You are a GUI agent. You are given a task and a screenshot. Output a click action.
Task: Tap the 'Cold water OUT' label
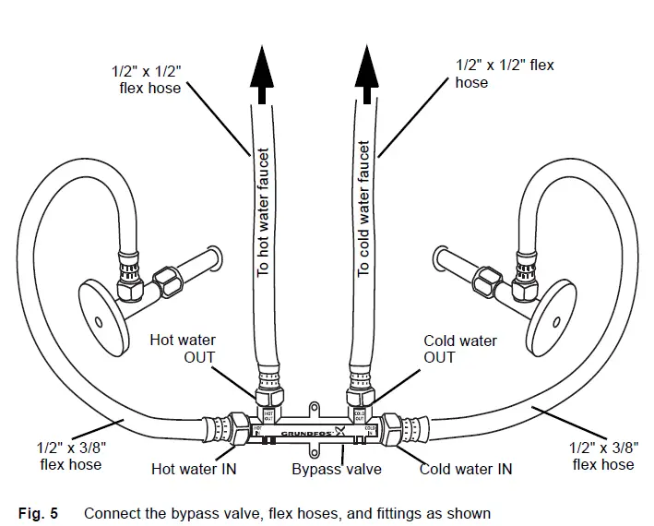(460, 349)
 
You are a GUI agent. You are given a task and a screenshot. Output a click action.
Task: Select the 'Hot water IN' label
(194, 469)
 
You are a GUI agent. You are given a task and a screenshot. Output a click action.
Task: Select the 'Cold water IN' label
(466, 469)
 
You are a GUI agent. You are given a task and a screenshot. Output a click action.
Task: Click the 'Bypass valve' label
(337, 469)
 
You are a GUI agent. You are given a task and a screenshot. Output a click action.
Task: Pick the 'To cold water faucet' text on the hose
(364, 208)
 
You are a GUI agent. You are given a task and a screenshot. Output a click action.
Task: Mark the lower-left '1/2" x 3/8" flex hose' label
(71, 456)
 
